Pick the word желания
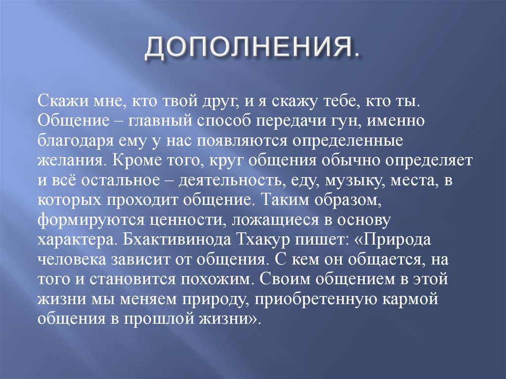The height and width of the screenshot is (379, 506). click(x=69, y=161)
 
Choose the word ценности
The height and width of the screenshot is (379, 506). click(x=173, y=220)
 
